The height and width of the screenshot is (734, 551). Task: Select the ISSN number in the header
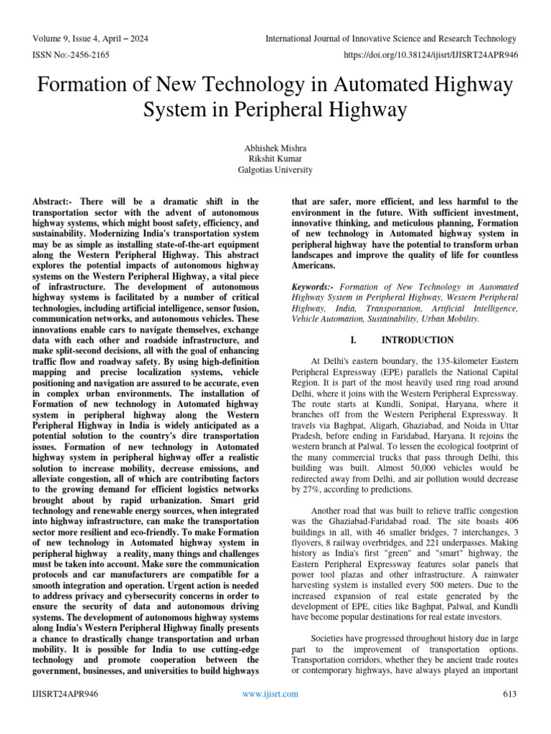[70, 54]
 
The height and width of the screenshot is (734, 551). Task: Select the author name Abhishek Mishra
[275, 147]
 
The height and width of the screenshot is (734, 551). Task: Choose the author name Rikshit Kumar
[275, 158]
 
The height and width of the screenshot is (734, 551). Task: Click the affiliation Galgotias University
[275, 170]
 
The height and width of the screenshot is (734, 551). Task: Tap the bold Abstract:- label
[54, 202]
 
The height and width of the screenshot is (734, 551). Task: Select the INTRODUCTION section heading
[418, 340]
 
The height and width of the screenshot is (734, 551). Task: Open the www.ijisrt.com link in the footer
[271, 694]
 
